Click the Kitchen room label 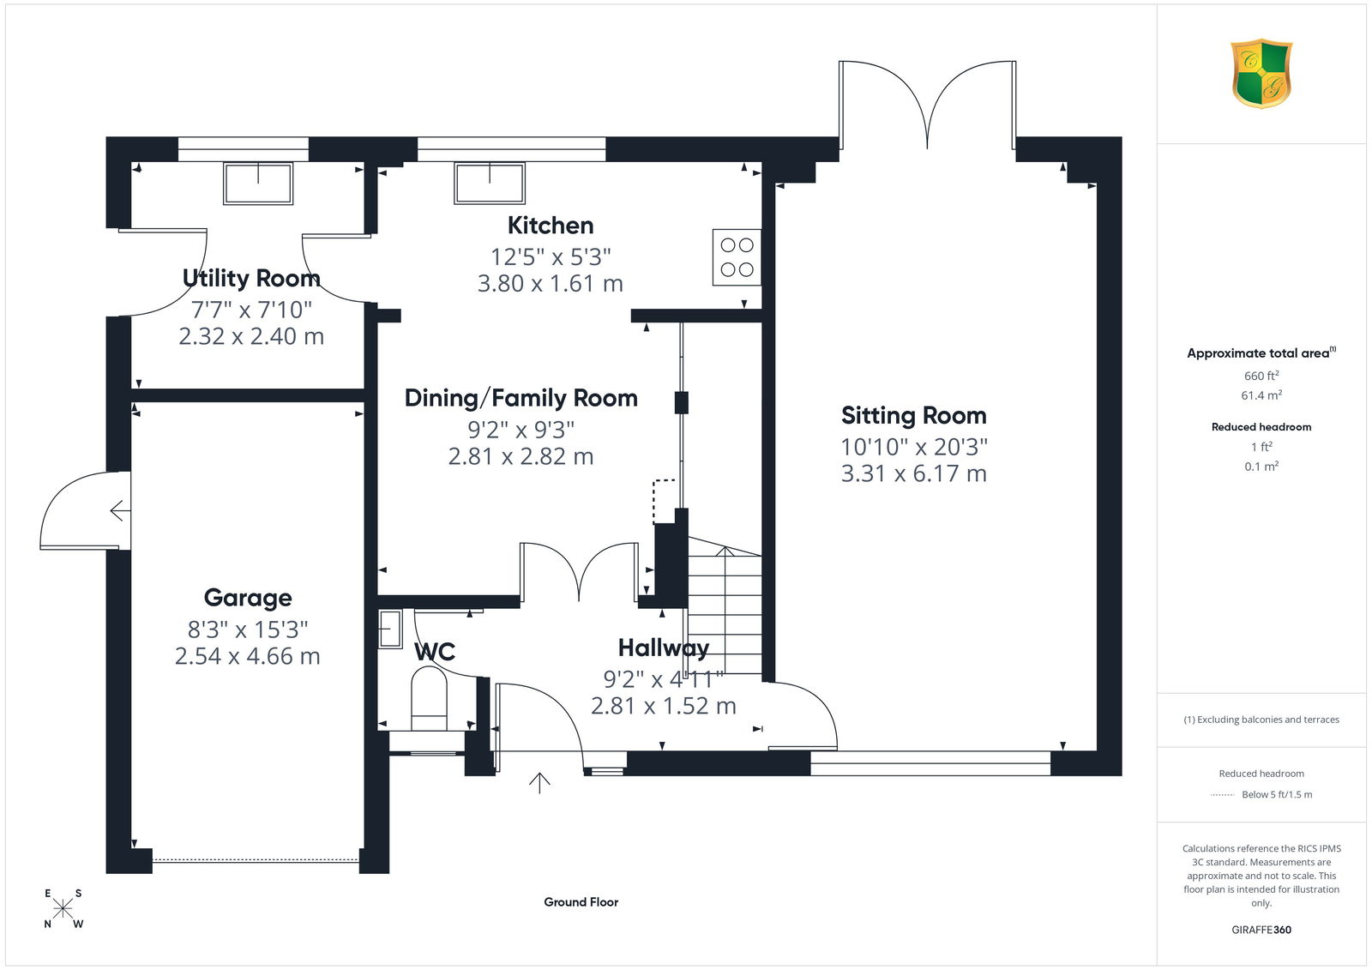550,226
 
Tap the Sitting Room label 914,415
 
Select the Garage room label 248,598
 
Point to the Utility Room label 251,278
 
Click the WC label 435,652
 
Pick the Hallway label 664,648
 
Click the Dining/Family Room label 521,398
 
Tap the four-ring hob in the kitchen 737,257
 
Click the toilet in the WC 429,698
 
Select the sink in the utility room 258,184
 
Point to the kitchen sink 490,184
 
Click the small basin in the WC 389,629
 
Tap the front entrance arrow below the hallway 539,783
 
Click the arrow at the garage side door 120,510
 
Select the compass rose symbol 63,908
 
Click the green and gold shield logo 1261,74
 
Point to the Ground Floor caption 581,902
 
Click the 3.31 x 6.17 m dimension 914,473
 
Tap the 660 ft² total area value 1261,376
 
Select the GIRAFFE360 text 1261,930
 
